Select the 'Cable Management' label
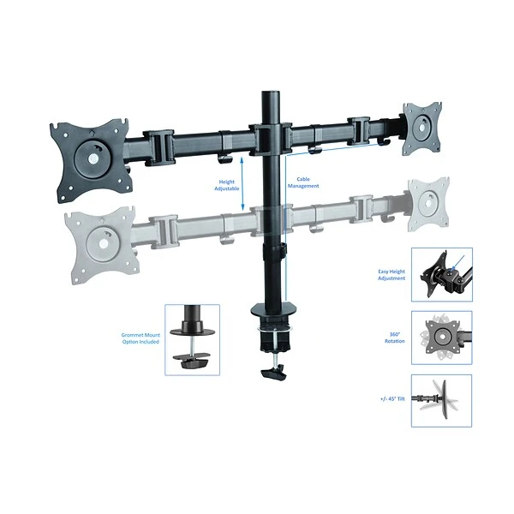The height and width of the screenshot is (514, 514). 308,182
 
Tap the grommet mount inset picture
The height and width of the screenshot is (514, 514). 191,338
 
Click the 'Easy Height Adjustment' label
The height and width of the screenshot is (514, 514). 392,274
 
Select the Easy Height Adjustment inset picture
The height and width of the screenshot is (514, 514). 441,274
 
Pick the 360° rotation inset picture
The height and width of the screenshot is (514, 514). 441,338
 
